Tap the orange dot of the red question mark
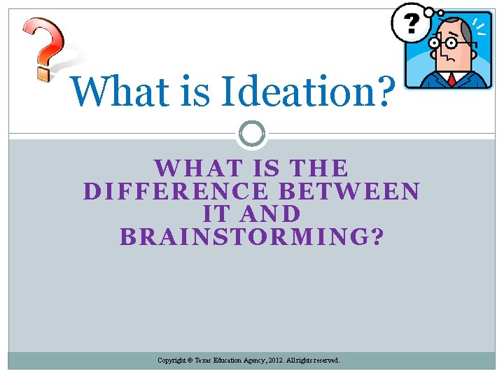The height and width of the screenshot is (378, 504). point(43,71)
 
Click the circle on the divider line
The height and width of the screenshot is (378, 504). point(252,133)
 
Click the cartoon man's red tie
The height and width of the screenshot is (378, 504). point(451,79)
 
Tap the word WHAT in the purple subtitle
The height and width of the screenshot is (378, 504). point(191,169)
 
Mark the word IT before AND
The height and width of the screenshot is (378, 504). point(216,213)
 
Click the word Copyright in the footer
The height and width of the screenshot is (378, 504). point(171,360)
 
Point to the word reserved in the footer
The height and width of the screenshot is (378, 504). point(325,360)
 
